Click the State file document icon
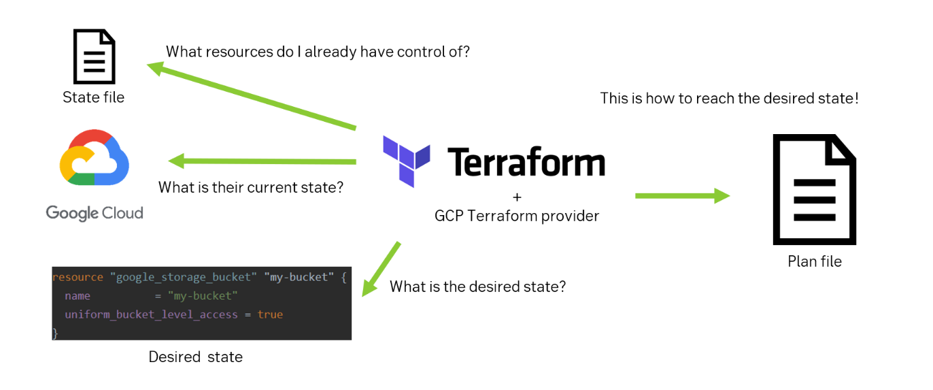[x=94, y=55]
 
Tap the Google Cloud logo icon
[x=95, y=158]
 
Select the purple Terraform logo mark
[x=407, y=161]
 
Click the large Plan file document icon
[x=814, y=189]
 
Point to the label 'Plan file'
[x=814, y=261]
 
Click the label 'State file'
[x=94, y=97]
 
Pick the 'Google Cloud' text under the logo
[x=95, y=213]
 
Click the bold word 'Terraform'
[x=526, y=163]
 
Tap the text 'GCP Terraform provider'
[x=517, y=216]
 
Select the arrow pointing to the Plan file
[x=682, y=196]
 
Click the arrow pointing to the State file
[x=252, y=95]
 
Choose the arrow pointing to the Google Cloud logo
[x=262, y=161]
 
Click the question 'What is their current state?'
[x=251, y=187]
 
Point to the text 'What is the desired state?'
[x=477, y=287]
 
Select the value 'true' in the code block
[x=270, y=314]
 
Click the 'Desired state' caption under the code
[x=196, y=357]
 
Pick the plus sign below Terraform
[x=517, y=197]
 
